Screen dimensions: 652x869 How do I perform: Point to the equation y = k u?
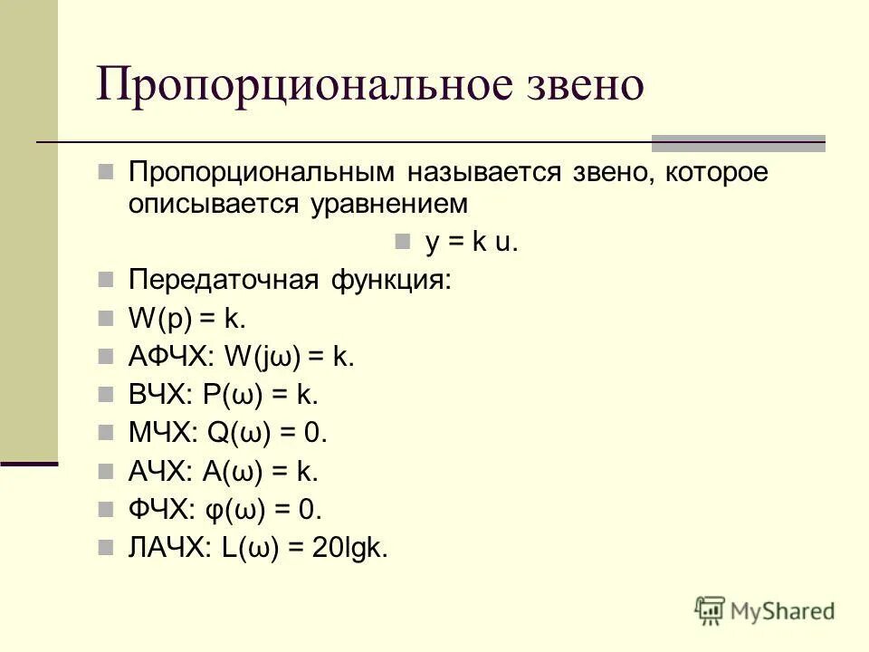(x=472, y=243)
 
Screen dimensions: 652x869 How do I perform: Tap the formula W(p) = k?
(x=187, y=319)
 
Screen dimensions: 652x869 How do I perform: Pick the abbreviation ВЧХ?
(x=159, y=395)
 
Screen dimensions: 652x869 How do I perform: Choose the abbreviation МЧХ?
(x=162, y=434)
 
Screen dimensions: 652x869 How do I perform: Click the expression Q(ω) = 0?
(x=266, y=434)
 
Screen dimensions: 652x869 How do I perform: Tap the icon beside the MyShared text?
(x=710, y=610)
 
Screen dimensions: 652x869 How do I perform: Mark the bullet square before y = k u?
(x=403, y=243)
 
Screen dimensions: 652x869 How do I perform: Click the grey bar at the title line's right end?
(x=739, y=142)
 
